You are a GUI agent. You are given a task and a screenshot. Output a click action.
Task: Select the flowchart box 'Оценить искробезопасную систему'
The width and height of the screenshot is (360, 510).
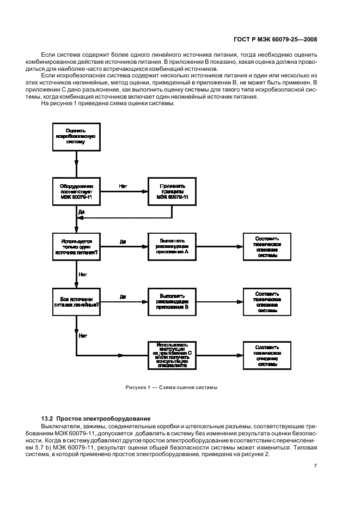tap(76, 136)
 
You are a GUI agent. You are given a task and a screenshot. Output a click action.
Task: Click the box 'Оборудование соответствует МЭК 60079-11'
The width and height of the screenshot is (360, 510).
tap(76, 192)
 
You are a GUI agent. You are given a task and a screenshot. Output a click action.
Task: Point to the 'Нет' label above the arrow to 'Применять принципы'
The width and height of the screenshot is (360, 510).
tap(123, 186)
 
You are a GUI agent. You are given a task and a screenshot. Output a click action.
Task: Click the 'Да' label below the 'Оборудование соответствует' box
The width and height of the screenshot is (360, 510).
tap(82, 211)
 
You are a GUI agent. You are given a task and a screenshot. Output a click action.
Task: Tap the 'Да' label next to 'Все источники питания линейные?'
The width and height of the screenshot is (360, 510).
tap(123, 297)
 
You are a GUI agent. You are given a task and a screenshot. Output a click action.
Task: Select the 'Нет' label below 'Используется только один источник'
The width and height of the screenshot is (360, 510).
tap(83, 275)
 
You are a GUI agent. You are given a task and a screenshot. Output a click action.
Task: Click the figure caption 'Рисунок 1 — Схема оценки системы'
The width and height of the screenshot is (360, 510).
tap(171, 387)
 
